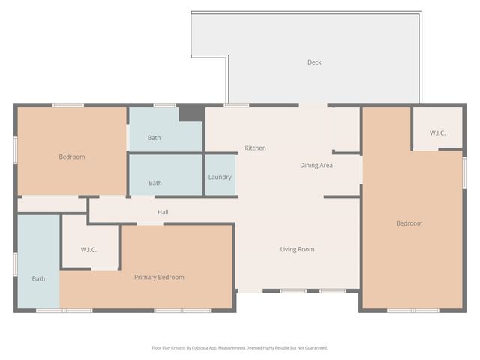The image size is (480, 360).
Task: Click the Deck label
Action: click(314, 62)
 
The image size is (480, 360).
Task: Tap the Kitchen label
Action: click(255, 148)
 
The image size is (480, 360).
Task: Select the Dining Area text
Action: click(316, 166)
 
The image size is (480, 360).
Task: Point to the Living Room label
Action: click(297, 249)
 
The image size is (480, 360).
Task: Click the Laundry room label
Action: click(220, 178)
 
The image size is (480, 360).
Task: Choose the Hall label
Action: click(163, 213)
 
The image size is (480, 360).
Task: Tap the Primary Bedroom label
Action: click(159, 277)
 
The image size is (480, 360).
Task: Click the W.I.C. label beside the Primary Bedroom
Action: click(88, 250)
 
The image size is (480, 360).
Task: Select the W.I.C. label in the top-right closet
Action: click(437, 133)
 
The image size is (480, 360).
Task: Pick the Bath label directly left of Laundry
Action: click(154, 183)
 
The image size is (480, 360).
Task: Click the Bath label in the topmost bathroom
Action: click(154, 138)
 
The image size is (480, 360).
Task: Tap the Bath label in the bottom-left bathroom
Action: click(38, 279)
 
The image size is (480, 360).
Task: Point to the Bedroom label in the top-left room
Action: click(72, 157)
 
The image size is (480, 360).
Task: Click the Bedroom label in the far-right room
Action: click(409, 223)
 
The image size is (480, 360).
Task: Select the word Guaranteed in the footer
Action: click(315, 348)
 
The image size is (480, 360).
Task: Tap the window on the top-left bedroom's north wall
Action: click(67, 105)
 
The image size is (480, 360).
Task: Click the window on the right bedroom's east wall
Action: click(464, 170)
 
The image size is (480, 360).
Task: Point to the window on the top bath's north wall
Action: click(164, 105)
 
